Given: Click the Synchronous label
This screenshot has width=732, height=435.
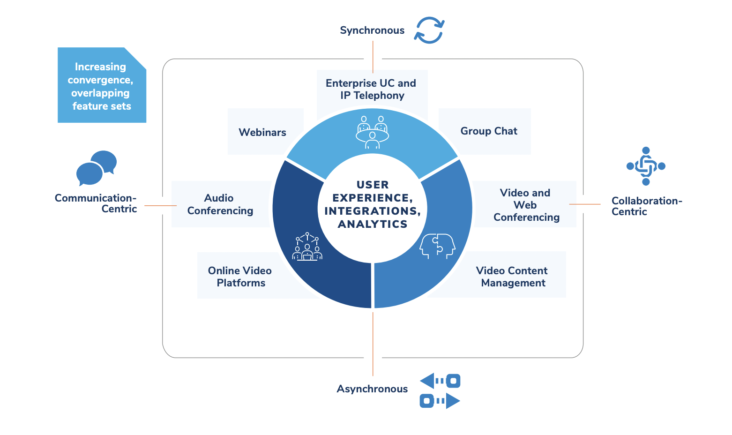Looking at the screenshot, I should tap(372, 30).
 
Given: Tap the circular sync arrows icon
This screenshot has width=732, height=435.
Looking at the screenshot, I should tap(429, 30).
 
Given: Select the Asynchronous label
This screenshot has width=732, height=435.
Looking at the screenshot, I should tap(372, 389).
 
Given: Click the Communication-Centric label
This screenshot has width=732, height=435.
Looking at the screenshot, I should tap(96, 203).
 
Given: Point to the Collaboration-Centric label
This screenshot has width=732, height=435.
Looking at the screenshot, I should tap(646, 206).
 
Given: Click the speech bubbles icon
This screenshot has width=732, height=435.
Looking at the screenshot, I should tap(97, 168).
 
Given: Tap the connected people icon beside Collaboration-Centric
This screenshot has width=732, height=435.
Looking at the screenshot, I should tap(646, 166).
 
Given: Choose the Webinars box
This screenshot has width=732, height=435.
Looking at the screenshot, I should tap(262, 132).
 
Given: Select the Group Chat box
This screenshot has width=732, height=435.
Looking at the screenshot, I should tap(489, 131).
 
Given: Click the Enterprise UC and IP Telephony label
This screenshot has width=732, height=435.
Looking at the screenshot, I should tap(371, 89).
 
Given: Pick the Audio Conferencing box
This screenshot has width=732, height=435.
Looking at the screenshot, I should tap(220, 204).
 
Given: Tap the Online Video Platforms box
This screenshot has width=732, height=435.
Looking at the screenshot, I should tap(240, 277).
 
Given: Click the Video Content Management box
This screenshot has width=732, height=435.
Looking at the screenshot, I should tap(513, 277).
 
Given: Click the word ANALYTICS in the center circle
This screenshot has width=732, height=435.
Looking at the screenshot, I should tap(373, 224).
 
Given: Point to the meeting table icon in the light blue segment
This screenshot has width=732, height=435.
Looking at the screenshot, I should tap(372, 132).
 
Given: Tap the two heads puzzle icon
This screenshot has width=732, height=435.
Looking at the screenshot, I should tap(437, 246).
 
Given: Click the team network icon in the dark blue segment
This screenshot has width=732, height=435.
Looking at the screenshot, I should tap(307, 247).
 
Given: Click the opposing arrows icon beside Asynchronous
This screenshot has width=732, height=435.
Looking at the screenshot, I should tap(440, 391).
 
